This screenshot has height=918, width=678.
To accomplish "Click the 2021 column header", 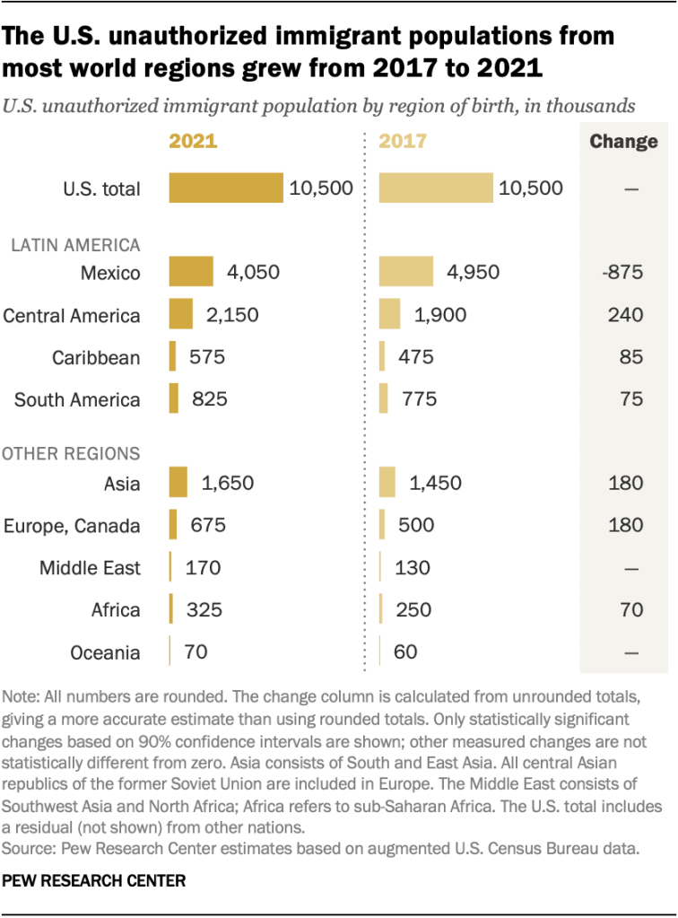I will tap(193, 142).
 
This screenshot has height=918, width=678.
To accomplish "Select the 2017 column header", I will tap(403, 142).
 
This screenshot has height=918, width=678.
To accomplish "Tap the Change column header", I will tap(623, 142).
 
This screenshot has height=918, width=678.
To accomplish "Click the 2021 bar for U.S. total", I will tap(226, 188).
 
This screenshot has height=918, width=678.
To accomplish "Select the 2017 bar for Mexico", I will tap(406, 272).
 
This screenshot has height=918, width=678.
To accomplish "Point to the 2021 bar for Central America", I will tap(181, 314).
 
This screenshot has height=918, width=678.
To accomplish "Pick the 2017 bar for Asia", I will tap(387, 483).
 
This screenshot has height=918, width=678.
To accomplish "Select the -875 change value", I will tap(622, 272).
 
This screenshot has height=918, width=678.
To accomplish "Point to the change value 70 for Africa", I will tap(631, 609).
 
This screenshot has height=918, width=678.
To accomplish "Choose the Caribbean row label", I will tap(95, 357).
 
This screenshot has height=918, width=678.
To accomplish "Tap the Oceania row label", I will tap(105, 652).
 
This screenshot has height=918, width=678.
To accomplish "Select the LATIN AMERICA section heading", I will tap(71, 243).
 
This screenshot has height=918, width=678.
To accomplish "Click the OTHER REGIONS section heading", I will tap(71, 454).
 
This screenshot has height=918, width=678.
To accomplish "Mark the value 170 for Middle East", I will tap(203, 567).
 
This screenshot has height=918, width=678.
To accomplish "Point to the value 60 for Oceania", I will tap(405, 651).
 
